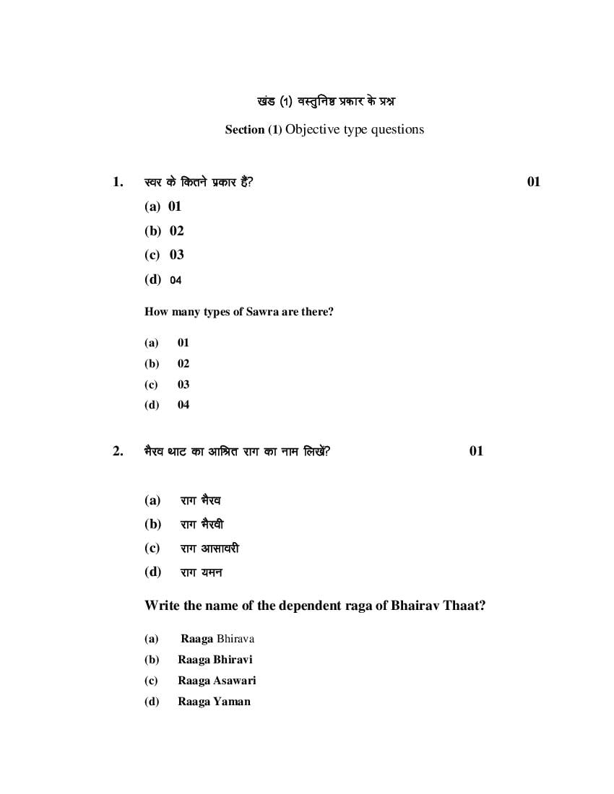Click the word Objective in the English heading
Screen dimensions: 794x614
pyautogui.click(x=313, y=130)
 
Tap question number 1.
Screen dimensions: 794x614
pyautogui.click(x=118, y=182)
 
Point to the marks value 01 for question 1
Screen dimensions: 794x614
pyautogui.click(x=533, y=182)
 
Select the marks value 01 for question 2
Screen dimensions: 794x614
pyautogui.click(x=476, y=451)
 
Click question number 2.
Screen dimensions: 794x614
pyautogui.click(x=118, y=451)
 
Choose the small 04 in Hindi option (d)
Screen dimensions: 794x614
pyautogui.click(x=176, y=280)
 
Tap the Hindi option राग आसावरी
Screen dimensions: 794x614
pyautogui.click(x=209, y=549)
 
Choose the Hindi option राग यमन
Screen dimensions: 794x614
pyautogui.click(x=201, y=572)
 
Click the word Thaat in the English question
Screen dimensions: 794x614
pyautogui.click(x=465, y=606)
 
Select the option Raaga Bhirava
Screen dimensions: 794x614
pyautogui.click(x=217, y=639)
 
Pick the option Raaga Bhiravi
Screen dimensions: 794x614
pyautogui.click(x=215, y=660)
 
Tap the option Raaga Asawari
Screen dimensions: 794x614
pyautogui.click(x=217, y=681)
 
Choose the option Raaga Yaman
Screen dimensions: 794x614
pyautogui.click(x=214, y=702)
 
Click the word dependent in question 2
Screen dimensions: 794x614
pyautogui.click(x=285, y=606)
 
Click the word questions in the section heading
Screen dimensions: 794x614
pyautogui.click(x=397, y=130)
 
